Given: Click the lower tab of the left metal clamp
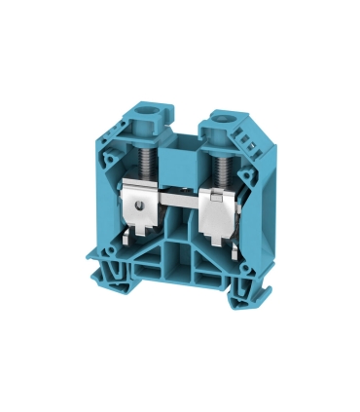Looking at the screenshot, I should pos(133,235).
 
